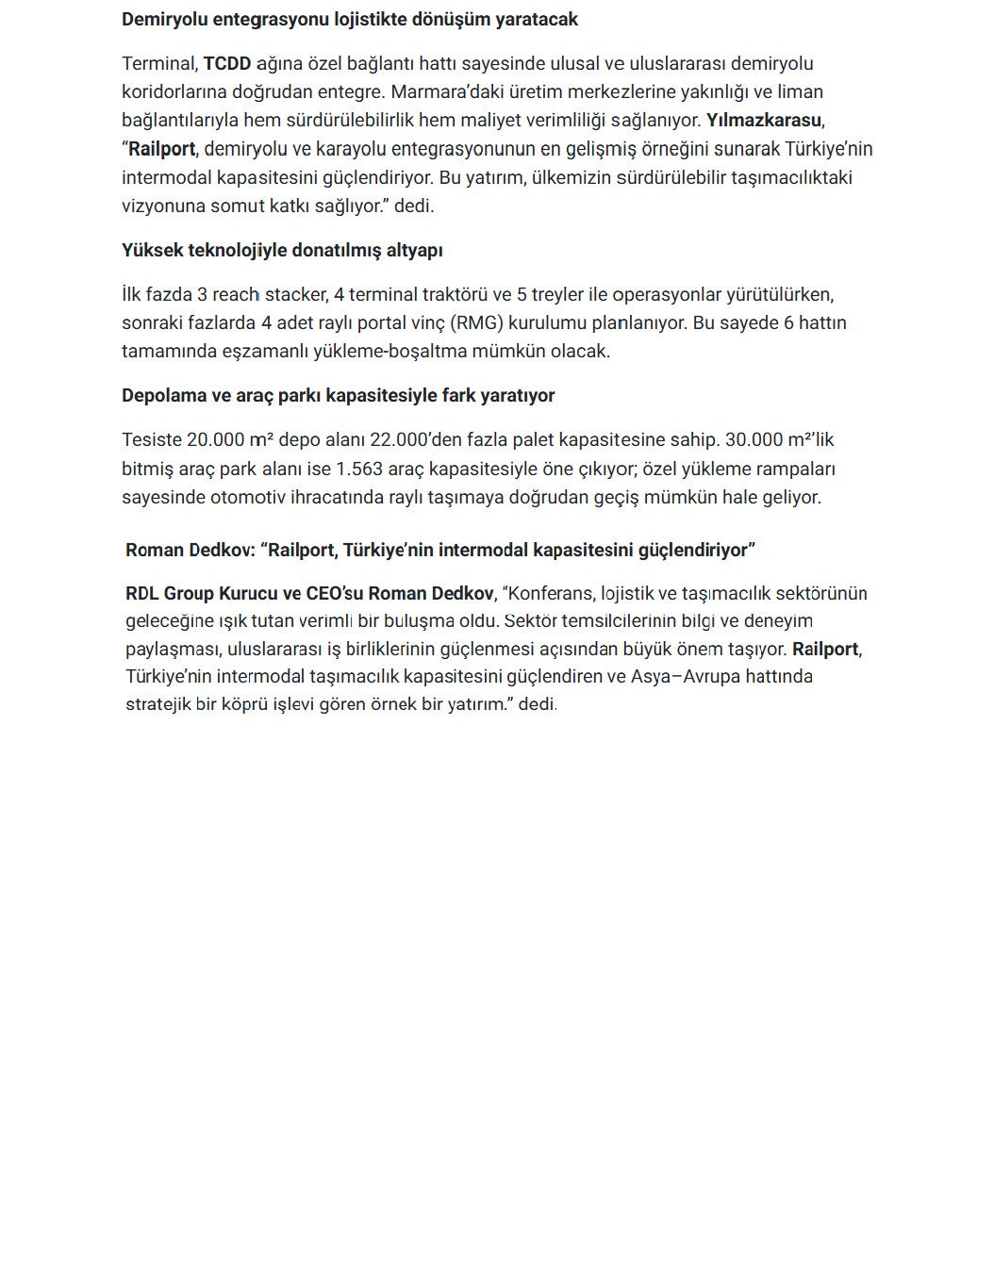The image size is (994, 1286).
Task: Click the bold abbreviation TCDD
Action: [x=227, y=64]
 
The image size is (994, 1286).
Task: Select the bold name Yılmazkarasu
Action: [x=764, y=121]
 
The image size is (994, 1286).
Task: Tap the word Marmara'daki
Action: [x=441, y=92]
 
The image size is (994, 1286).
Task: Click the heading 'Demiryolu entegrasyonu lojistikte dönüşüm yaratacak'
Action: [x=350, y=20]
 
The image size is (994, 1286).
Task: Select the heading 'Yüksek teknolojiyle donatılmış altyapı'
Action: [x=282, y=251]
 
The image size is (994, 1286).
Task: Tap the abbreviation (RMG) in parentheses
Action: [x=476, y=323]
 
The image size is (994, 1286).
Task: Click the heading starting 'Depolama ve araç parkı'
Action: [x=338, y=396]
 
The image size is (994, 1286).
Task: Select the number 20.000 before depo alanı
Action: [x=215, y=440]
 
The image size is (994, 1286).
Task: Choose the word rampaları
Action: [x=796, y=470]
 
